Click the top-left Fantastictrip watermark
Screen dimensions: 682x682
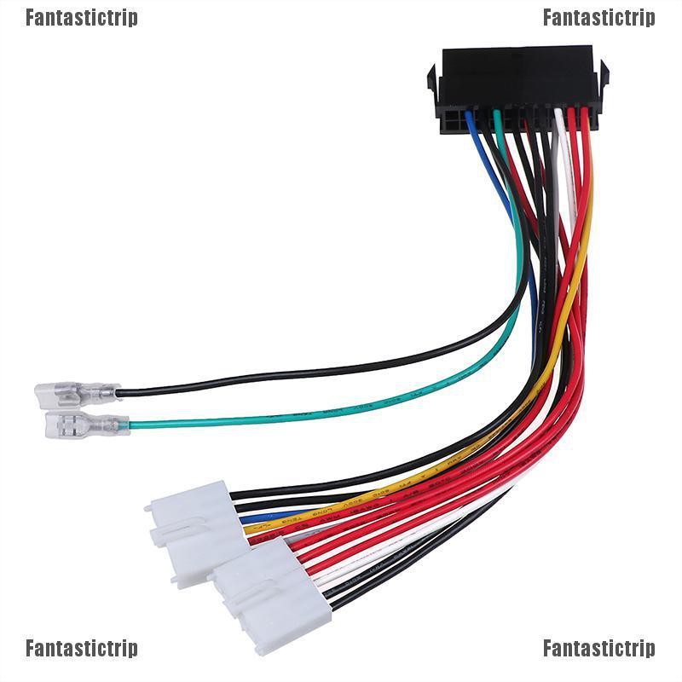pyautogui.click(x=81, y=18)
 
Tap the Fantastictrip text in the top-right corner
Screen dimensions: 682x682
pyautogui.click(x=599, y=18)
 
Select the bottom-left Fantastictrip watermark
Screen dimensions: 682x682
pyautogui.click(x=81, y=649)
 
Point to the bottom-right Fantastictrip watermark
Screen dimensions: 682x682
pyautogui.click(x=599, y=649)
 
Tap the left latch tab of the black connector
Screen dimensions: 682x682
pyautogui.click(x=432, y=82)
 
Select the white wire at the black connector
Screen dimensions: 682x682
pyautogui.click(x=560, y=128)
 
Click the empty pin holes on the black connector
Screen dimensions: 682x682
pyautogui.click(x=454, y=122)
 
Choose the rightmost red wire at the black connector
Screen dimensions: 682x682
pyautogui.click(x=584, y=128)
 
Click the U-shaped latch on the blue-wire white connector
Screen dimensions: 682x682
pyautogui.click(x=189, y=534)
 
